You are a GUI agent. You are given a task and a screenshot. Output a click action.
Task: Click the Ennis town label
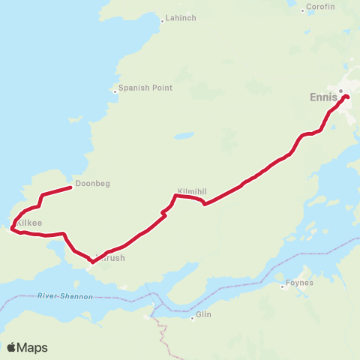323,97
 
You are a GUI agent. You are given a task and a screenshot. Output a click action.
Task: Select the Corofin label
319,9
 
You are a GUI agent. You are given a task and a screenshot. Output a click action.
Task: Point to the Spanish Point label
145,88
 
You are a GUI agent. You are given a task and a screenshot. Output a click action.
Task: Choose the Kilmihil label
191,190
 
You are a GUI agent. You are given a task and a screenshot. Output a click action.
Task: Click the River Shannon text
64,297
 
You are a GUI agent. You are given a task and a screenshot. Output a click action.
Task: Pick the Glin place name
204,315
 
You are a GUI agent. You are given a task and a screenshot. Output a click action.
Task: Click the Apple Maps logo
27,347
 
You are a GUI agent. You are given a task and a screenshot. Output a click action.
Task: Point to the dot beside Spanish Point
114,91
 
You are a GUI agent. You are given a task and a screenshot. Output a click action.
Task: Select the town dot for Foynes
283,285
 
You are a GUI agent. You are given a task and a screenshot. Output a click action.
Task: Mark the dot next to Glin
192,317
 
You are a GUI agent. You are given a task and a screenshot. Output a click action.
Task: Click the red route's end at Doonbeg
70,187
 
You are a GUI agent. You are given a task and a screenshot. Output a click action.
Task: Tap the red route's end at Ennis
346,96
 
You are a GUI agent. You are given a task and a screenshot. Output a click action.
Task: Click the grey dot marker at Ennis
340,91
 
